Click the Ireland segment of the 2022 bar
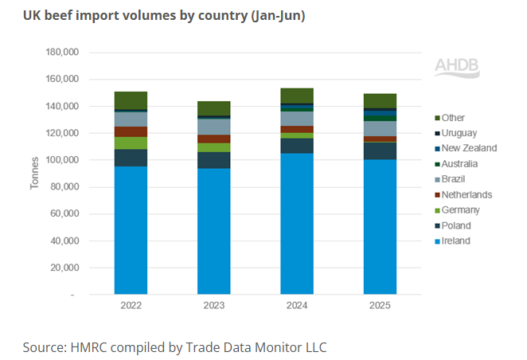point(131,230)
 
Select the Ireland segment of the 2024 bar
point(296,224)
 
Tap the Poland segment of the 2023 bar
point(213,160)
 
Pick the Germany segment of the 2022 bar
point(131,143)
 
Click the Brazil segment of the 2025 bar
point(380,128)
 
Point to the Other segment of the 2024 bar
point(296,96)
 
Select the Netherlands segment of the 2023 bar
point(213,139)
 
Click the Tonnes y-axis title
point(34,174)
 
